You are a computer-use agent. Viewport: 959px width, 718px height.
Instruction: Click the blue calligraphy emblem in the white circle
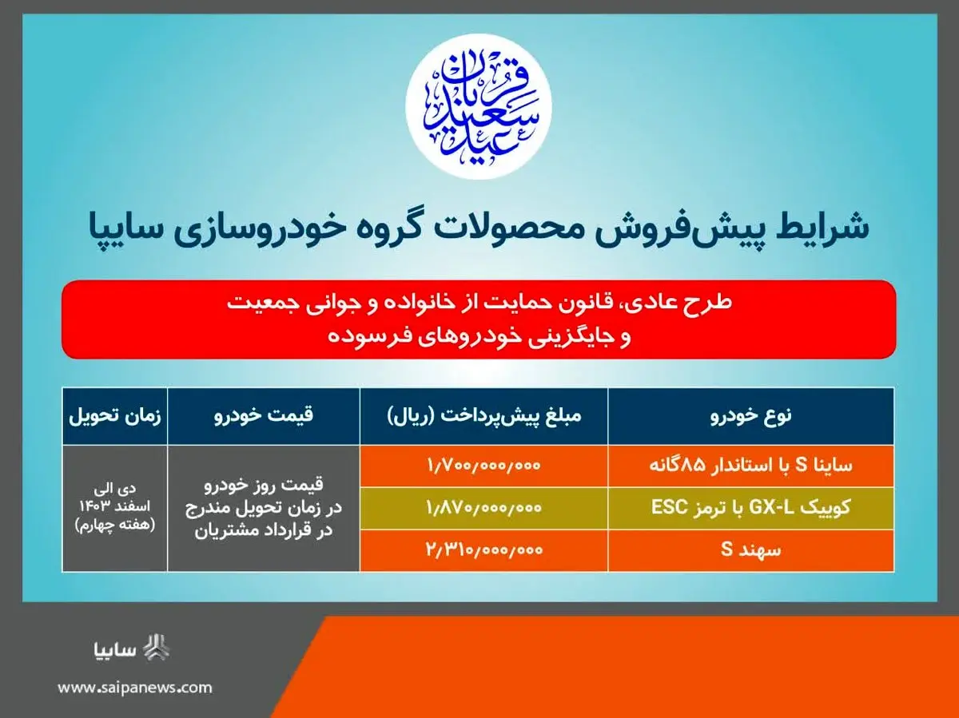(x=479, y=106)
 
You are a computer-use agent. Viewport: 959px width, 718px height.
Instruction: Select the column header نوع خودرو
(x=751, y=415)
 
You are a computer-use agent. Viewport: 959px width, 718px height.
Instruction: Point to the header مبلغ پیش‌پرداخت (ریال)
(x=484, y=415)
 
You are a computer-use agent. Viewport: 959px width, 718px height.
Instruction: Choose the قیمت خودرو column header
(x=264, y=415)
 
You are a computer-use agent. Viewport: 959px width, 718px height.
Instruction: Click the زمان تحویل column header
(x=114, y=415)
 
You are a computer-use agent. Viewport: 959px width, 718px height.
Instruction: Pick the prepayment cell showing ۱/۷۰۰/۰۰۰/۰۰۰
(x=483, y=466)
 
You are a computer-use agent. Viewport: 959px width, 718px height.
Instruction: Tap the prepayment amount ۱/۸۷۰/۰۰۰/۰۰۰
(x=483, y=508)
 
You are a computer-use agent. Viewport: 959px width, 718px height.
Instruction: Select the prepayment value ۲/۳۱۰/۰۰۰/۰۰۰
(x=483, y=549)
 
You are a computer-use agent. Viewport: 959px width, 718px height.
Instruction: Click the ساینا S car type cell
(x=750, y=466)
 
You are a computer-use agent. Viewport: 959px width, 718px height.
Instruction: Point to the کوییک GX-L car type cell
(x=750, y=508)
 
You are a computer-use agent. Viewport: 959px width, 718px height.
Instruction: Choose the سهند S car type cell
(x=750, y=549)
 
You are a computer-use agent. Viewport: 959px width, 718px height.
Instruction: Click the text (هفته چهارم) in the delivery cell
(x=114, y=526)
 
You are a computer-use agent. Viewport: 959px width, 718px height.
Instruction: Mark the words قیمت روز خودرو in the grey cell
(x=264, y=486)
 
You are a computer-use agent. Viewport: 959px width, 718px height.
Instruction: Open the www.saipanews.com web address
(x=134, y=688)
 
